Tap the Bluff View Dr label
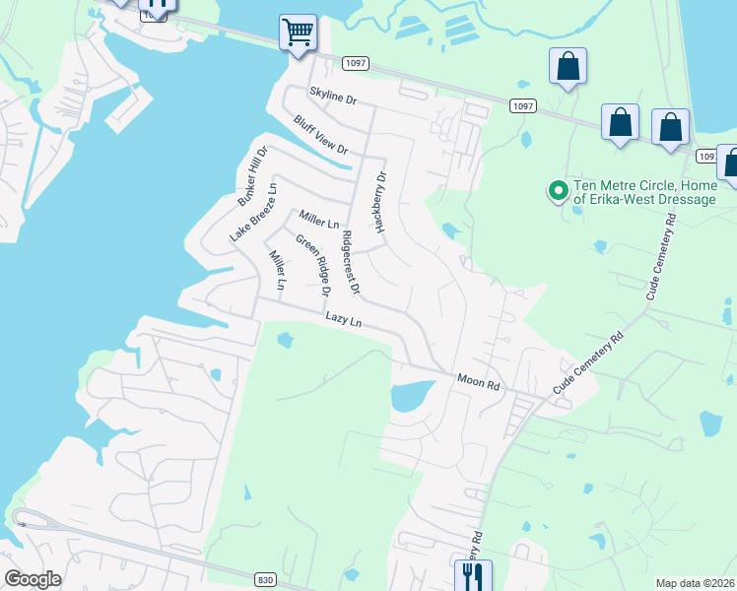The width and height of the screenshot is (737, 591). point(320,135)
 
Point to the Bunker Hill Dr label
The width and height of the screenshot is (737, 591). point(252,177)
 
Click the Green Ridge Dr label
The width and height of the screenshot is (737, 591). point(312,264)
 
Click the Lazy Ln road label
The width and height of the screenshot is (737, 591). point(344,322)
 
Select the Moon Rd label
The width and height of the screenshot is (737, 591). point(479,380)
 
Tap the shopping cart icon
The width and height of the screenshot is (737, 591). point(297,32)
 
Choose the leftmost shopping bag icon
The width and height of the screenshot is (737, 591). point(568,67)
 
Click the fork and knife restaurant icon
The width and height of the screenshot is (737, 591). point(467,574)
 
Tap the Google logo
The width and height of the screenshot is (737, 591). point(33,579)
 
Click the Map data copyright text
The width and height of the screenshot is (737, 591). point(695,583)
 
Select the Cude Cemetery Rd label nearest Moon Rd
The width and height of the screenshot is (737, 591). point(588,365)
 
